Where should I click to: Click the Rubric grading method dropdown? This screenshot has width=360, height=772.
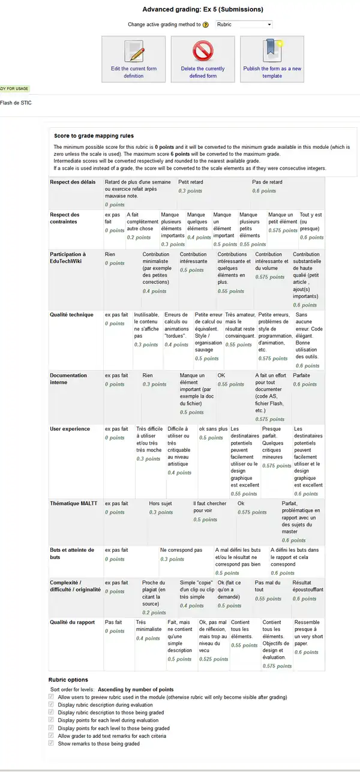point(243,25)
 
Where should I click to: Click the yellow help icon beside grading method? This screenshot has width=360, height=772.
point(205,25)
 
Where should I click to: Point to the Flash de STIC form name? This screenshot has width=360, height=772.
point(16,103)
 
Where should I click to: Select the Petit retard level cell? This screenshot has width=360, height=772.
point(213,186)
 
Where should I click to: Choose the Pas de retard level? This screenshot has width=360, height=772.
point(287,186)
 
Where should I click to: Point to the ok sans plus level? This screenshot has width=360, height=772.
point(213,433)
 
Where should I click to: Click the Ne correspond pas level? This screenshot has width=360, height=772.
point(181,554)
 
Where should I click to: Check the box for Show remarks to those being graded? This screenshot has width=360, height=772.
point(52,743)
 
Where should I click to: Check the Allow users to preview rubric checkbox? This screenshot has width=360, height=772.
point(52,697)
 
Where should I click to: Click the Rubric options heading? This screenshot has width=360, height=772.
point(68,680)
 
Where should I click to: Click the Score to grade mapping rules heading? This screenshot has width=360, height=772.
point(94,136)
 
